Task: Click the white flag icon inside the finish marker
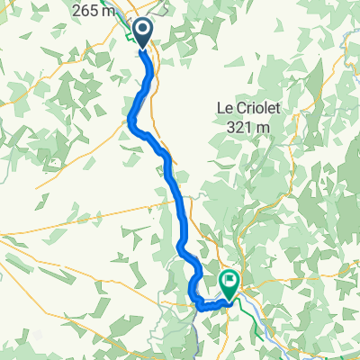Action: pos(229,283)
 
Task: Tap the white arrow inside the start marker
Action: pos(144,31)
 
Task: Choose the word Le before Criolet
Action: pos(225,108)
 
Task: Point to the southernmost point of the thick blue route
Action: pos(203,308)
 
